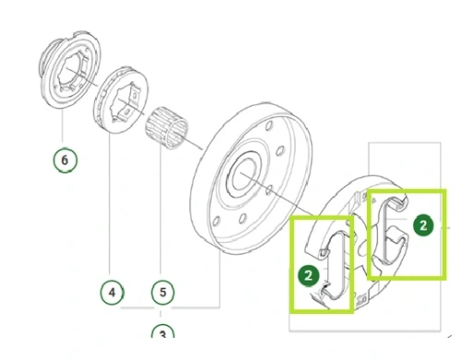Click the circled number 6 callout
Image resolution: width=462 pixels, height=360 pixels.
(x=65, y=160)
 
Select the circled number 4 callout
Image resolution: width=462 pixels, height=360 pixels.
(x=112, y=292)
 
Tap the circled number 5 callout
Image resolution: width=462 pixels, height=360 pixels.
(x=163, y=292)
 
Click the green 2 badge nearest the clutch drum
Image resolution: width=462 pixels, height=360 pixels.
(x=309, y=275)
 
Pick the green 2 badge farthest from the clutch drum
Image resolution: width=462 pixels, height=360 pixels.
(x=423, y=225)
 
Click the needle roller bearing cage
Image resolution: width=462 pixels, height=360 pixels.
(x=167, y=127)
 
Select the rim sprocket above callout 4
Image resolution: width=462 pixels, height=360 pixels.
(x=121, y=100)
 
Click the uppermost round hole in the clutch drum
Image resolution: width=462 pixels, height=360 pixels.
(x=269, y=126)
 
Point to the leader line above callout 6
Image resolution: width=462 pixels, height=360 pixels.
(x=63, y=127)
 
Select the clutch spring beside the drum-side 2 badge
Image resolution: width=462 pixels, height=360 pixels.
(x=334, y=265)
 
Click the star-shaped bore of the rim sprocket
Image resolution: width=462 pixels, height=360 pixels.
(x=127, y=102)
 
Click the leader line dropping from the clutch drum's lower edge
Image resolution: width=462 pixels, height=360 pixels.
(x=220, y=279)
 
